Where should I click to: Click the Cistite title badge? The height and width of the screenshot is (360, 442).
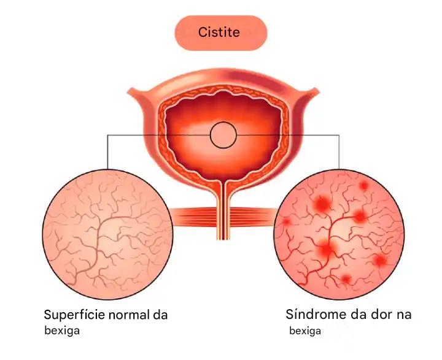coord(221,33)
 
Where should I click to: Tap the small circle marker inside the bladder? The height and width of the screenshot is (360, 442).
coord(223,135)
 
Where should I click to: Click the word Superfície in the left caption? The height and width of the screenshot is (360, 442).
coord(74,315)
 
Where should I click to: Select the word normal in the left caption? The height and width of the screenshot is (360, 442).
coord(129,315)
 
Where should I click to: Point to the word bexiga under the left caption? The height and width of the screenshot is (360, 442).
coord(62,331)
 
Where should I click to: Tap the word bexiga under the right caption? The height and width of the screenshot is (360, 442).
coord(305,331)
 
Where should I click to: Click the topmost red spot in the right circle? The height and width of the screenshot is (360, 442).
coord(363,185)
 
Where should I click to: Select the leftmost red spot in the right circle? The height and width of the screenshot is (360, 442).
coord(286,221)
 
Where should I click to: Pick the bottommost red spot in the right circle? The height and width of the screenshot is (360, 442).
coord(346,279)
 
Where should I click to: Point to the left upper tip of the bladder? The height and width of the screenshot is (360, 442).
coord(128,91)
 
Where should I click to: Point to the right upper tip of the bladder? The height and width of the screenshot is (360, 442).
coord(317,91)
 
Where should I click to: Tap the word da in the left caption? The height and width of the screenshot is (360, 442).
coord(160,315)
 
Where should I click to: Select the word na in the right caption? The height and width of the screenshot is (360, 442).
coord(404,315)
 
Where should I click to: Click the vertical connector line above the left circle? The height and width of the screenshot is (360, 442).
coord(107,152)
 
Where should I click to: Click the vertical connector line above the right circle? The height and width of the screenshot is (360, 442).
coord(339,152)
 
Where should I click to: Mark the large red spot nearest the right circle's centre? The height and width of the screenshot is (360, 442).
coord(327,248)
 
